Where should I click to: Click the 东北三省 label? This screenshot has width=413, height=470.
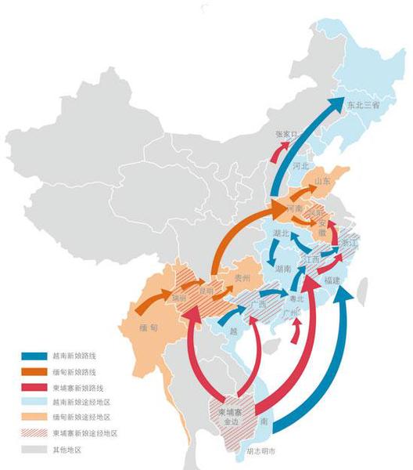pyautogui.click(x=363, y=104)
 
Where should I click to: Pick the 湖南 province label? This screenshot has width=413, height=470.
pyautogui.click(x=283, y=268)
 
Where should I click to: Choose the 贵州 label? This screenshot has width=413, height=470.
pyautogui.click(x=242, y=278)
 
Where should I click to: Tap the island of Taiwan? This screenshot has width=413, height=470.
pyautogui.click(x=361, y=291)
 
